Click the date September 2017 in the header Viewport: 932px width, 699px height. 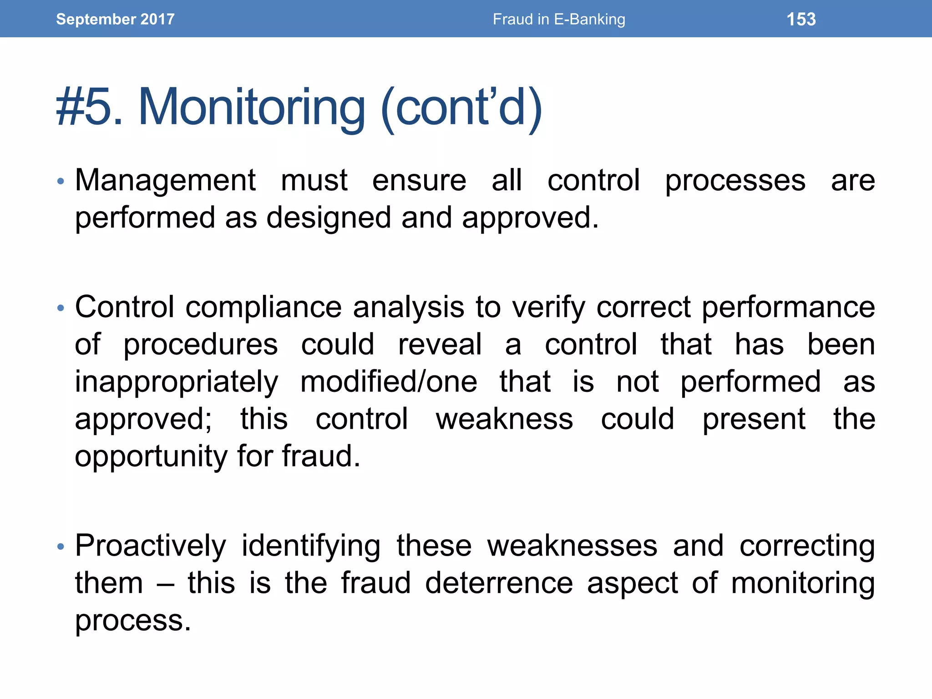tap(115, 19)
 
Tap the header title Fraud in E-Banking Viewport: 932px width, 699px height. tap(559, 19)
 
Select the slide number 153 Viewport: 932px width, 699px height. tap(801, 19)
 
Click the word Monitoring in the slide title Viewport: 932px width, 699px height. tap(252, 108)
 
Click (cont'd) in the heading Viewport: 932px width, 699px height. tap(461, 108)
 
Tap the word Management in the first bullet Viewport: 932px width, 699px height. tap(165, 180)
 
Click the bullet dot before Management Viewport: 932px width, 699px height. tap(61, 182)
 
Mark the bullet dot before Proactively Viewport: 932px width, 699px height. tap(61, 547)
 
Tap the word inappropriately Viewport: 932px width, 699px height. tap(176, 382)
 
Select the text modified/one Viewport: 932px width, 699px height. tap(389, 381)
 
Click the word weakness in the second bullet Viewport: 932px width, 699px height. tap(504, 419)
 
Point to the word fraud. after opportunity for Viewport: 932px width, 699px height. tap(321, 456)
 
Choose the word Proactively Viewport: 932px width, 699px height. tap(150, 547)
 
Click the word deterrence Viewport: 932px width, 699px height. tap(499, 583)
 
